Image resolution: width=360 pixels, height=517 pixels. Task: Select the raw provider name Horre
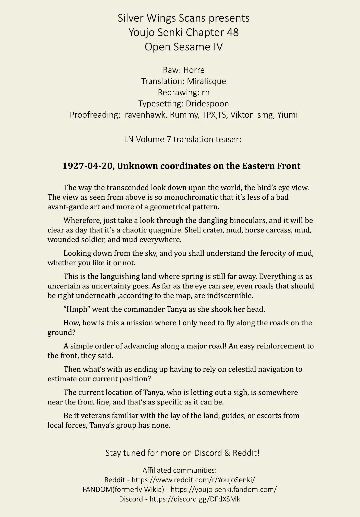pos(194,70)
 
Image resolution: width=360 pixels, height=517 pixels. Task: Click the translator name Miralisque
pos(206,81)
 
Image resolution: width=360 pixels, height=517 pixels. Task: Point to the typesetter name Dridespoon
pos(207,104)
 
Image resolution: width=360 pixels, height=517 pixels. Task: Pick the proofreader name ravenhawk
pos(145,115)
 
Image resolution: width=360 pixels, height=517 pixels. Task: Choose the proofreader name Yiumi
pos(287,115)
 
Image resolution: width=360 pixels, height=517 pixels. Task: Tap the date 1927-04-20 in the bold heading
pos(87,166)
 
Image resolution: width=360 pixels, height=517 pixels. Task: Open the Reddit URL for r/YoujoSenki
pos(193,480)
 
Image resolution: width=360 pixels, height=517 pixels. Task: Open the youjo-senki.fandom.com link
pos(223,490)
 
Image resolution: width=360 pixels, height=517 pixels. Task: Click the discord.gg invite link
pos(195,499)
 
